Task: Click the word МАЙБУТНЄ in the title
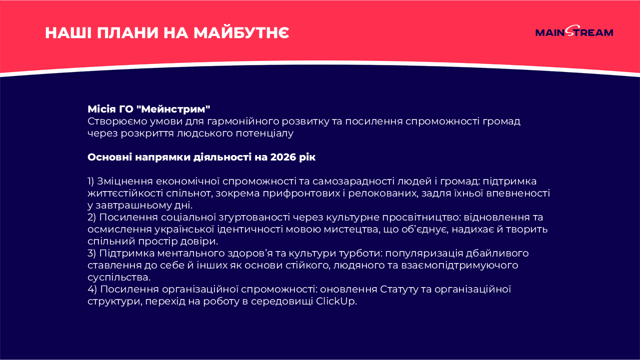point(241,32)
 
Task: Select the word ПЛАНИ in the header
point(127,33)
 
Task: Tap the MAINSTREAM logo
point(574,31)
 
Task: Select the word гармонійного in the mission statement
point(243,121)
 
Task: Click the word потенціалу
point(264,133)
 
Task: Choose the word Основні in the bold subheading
point(109,157)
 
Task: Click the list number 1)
point(90,181)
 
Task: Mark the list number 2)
point(91,217)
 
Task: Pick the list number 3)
point(91,253)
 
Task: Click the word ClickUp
point(336,301)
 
